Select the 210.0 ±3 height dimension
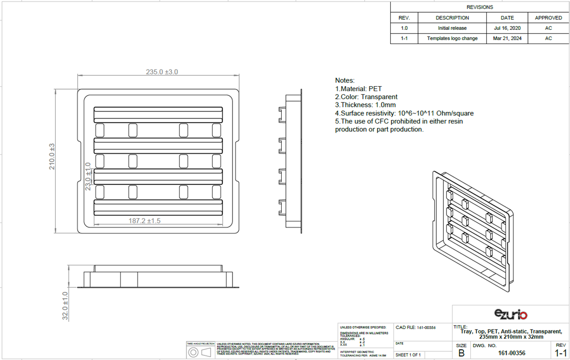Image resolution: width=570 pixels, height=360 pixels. (x=52, y=156)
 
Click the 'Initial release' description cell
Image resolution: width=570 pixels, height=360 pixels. (x=452, y=28)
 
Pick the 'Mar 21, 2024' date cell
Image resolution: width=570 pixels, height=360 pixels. (x=507, y=38)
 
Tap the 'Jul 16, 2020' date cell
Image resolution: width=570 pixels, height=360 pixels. (x=507, y=28)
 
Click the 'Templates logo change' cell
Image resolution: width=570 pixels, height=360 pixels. (x=452, y=38)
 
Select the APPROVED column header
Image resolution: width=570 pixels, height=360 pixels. (x=548, y=18)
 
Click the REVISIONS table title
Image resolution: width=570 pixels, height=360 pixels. (x=479, y=7)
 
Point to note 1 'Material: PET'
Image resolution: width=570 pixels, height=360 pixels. (x=358, y=89)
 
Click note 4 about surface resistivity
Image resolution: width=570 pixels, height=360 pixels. (x=404, y=113)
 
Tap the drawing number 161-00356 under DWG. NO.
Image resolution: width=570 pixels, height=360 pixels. (x=511, y=353)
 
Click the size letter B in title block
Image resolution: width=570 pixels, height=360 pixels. (x=461, y=353)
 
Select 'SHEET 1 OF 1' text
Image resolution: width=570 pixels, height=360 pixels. (x=408, y=354)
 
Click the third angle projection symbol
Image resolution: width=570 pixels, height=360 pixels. (x=200, y=352)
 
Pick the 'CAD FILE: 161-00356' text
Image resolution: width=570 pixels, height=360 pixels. (x=415, y=328)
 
